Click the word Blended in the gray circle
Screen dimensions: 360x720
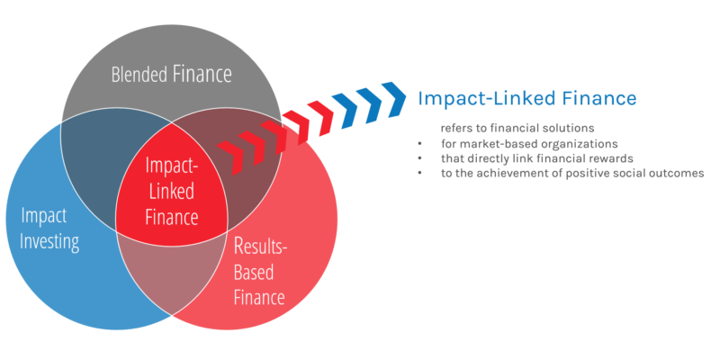point(139,75)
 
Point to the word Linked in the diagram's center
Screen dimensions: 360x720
point(171,193)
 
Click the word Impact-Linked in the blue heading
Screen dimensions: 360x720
point(476,97)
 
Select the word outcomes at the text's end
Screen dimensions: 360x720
point(676,174)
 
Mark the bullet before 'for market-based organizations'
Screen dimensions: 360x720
point(420,144)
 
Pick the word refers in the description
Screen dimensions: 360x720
point(456,128)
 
